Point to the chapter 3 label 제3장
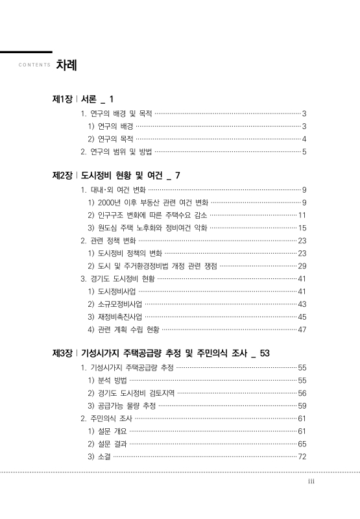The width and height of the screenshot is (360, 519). [x=62, y=353]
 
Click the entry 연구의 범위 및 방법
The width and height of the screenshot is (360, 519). [x=116, y=152]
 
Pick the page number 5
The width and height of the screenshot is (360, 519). [x=304, y=152]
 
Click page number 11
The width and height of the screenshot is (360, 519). [x=302, y=215]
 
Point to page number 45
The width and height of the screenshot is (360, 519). [x=302, y=317]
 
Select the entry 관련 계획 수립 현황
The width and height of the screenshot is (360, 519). [x=123, y=330]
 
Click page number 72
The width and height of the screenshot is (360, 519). [x=302, y=457]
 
